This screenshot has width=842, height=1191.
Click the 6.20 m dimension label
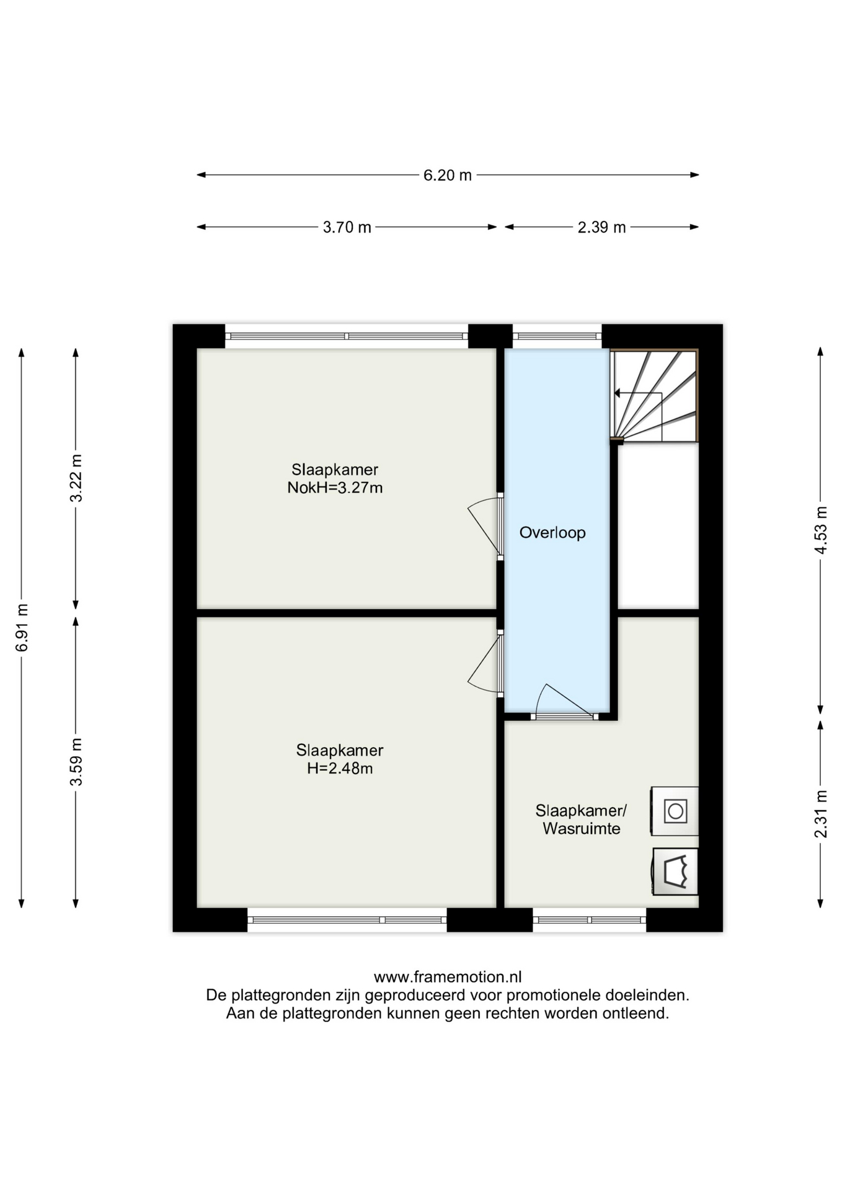tap(447, 176)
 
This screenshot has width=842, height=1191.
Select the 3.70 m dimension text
tap(347, 228)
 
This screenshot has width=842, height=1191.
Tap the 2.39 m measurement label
tap(601, 228)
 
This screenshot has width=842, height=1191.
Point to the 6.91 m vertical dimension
tap(22, 627)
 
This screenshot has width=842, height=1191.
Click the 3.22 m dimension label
tap(76, 478)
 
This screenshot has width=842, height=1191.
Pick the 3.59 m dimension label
tap(76, 762)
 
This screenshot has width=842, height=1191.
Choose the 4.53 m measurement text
tap(821, 530)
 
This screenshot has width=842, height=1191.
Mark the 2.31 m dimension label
tap(821, 814)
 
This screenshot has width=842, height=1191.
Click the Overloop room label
tap(552, 533)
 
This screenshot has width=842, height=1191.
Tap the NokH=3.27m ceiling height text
tap(335, 488)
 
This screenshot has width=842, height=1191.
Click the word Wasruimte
tap(582, 829)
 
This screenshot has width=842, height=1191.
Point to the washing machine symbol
tap(675, 811)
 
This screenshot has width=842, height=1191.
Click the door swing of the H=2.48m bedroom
tap(484, 664)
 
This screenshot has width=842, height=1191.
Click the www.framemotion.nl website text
tap(448, 977)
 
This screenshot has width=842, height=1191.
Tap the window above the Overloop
tap(557, 336)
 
